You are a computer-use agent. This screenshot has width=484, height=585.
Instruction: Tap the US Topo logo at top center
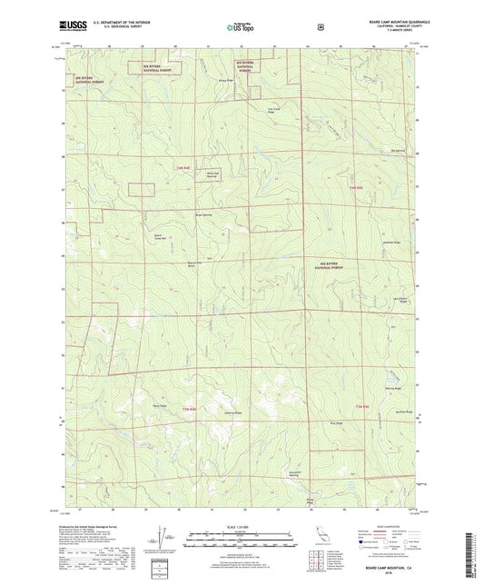pos(240,28)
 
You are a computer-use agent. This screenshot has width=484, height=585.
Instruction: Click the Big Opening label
pos(397,138)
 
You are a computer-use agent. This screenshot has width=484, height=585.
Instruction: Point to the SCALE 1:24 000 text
pos(241,528)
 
